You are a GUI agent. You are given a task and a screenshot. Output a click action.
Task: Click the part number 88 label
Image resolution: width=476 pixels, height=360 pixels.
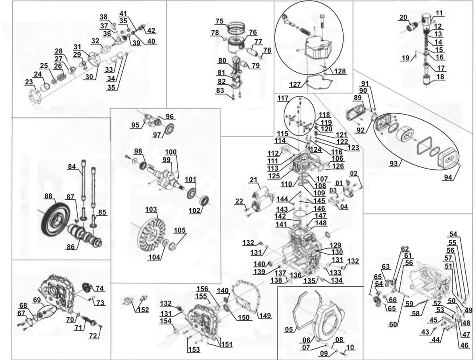(48, 196)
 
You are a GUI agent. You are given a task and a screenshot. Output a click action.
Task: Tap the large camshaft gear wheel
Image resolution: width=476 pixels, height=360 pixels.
(54, 224)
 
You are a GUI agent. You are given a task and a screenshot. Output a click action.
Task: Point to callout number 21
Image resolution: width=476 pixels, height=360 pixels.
(254, 180)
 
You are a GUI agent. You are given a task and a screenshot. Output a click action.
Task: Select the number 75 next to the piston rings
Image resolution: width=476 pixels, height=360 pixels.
(220, 21)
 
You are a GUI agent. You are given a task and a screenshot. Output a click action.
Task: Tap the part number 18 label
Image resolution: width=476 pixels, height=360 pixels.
(441, 77)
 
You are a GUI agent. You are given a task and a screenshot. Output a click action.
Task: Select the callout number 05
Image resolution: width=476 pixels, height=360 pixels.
(289, 329)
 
